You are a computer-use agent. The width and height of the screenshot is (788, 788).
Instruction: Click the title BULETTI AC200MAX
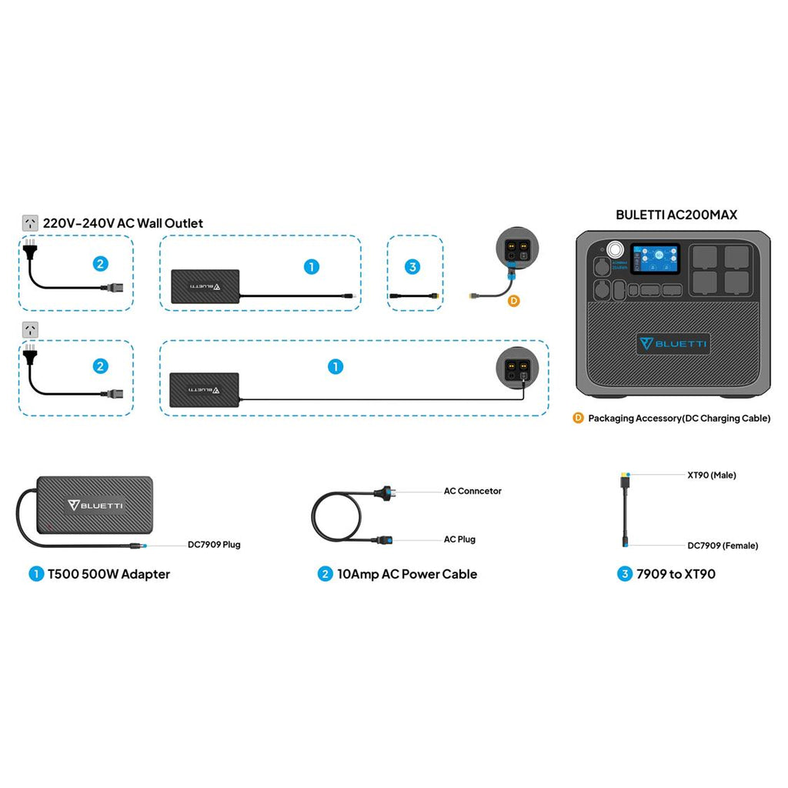[x=676, y=215]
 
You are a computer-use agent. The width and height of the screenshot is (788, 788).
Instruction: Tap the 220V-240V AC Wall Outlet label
[x=123, y=223]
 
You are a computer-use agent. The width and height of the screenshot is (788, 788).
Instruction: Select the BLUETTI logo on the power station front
[x=673, y=343]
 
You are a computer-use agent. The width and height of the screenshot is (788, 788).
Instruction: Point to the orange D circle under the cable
[x=514, y=301]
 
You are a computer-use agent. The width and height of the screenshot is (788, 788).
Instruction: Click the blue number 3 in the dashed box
[x=413, y=267]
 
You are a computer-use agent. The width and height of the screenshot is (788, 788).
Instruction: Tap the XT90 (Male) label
[x=711, y=475]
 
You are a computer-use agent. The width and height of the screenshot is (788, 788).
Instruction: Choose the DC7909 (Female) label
[x=722, y=546]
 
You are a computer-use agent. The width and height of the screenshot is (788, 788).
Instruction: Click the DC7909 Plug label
[x=214, y=544]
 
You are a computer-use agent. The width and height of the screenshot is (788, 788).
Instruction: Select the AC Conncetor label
[x=472, y=491]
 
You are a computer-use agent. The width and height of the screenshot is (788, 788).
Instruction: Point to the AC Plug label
[x=459, y=539]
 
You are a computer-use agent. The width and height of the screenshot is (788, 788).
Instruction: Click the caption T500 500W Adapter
[x=109, y=574]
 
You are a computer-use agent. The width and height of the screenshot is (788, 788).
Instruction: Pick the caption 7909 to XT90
[x=676, y=574]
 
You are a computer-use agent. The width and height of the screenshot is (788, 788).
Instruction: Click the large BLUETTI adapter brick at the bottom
[x=95, y=506]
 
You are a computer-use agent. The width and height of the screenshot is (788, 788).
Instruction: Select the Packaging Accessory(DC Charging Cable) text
[x=679, y=419]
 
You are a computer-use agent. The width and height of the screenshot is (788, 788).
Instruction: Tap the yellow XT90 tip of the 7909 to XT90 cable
[x=623, y=476]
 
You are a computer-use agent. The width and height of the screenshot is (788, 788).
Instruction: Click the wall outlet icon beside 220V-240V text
[x=31, y=223]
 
